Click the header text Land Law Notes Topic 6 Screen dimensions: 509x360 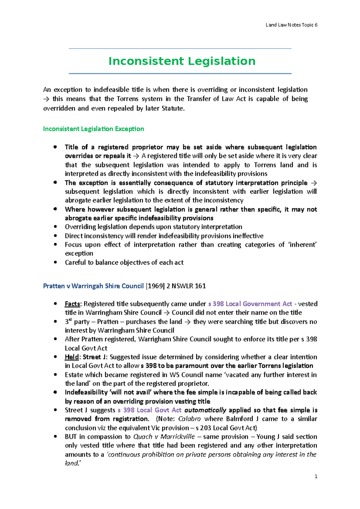291,25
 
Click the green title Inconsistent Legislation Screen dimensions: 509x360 182,61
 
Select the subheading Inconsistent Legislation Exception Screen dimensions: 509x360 94,129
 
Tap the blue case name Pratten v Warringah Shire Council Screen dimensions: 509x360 93,286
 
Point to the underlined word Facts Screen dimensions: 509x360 72,304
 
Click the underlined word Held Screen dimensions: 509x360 72,357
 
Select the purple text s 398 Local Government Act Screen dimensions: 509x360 250,304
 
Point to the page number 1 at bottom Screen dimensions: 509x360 316,477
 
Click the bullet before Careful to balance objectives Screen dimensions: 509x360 55,262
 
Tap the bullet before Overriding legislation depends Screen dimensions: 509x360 55,227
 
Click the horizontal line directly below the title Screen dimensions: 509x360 180,73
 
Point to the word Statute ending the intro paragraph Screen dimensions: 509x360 172,109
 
